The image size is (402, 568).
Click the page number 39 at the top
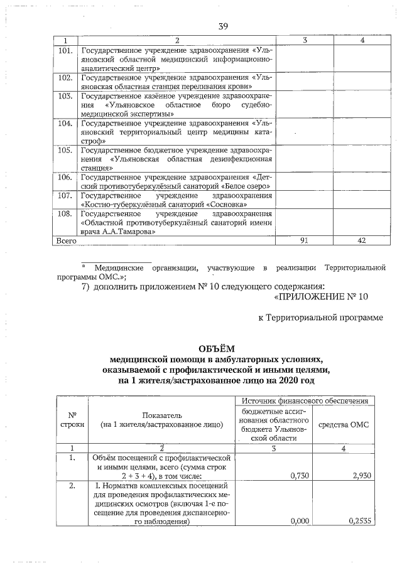pyautogui.click(x=223, y=26)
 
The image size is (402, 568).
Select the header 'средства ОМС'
pyautogui.click(x=344, y=424)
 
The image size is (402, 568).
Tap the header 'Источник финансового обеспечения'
pyautogui.click(x=306, y=400)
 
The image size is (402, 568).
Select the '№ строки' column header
pyautogui.click(x=72, y=419)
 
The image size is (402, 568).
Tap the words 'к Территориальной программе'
pyautogui.click(x=320, y=318)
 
